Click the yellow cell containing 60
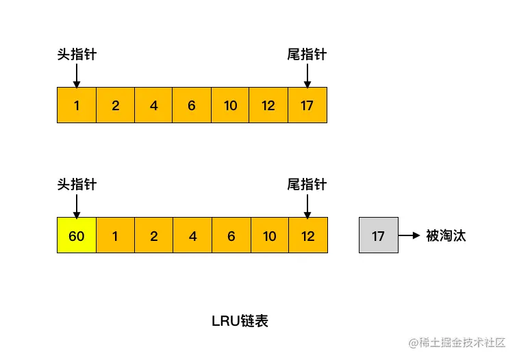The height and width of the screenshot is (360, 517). tap(76, 235)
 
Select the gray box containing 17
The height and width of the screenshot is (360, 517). tap(378, 235)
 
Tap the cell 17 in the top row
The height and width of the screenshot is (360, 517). tap(307, 105)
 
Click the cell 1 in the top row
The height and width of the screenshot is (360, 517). tap(76, 105)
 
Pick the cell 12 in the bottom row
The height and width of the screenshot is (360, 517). tap(307, 235)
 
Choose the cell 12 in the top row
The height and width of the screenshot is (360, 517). tap(268, 105)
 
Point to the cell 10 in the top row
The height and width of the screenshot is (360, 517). tap(230, 105)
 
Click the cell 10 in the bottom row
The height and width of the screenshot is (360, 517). tap(269, 235)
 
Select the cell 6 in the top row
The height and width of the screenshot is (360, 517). tap(192, 105)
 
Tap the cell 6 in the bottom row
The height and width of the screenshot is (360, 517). tap(231, 235)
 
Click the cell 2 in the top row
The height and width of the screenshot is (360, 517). tap(115, 105)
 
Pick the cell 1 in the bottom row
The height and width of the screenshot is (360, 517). tap(114, 235)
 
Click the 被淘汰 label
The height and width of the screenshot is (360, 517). tap(446, 235)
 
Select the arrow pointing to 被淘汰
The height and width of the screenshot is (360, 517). tap(409, 235)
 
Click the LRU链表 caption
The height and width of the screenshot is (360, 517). tap(240, 321)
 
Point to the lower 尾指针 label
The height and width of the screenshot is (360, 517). tap(307, 185)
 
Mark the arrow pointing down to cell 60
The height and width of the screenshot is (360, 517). tap(77, 205)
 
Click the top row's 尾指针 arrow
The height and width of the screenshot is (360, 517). tap(307, 75)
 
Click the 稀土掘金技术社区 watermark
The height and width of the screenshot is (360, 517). tap(457, 342)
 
